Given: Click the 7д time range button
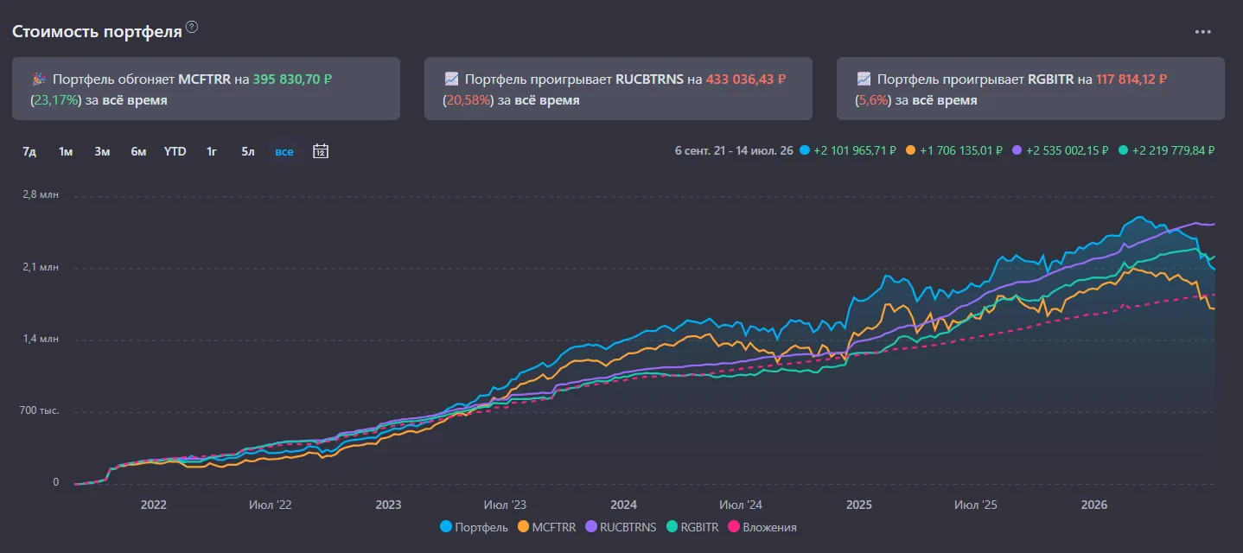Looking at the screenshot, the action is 29,151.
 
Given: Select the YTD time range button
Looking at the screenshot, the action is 175,151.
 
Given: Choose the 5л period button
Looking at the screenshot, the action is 247,151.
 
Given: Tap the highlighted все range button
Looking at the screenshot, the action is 284,151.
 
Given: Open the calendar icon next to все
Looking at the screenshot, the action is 321,151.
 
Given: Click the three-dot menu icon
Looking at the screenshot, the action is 1202,32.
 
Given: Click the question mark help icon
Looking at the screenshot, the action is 191,27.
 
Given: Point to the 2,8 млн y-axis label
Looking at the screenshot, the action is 41,194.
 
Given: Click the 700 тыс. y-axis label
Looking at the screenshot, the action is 39,410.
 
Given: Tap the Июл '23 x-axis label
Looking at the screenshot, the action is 505,505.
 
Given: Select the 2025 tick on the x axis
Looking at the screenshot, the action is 859,505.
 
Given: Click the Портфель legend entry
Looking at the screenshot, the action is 474,527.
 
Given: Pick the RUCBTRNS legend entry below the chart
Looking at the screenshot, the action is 621,527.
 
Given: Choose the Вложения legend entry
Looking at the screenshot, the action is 762,527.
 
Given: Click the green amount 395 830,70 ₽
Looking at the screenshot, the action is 292,79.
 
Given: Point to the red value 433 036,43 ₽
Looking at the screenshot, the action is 746,79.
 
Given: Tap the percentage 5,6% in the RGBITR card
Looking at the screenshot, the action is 873,100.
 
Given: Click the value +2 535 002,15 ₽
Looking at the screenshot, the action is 1067,150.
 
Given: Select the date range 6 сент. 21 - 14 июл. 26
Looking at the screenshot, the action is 734,150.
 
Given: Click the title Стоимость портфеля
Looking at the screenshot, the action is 97,32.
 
